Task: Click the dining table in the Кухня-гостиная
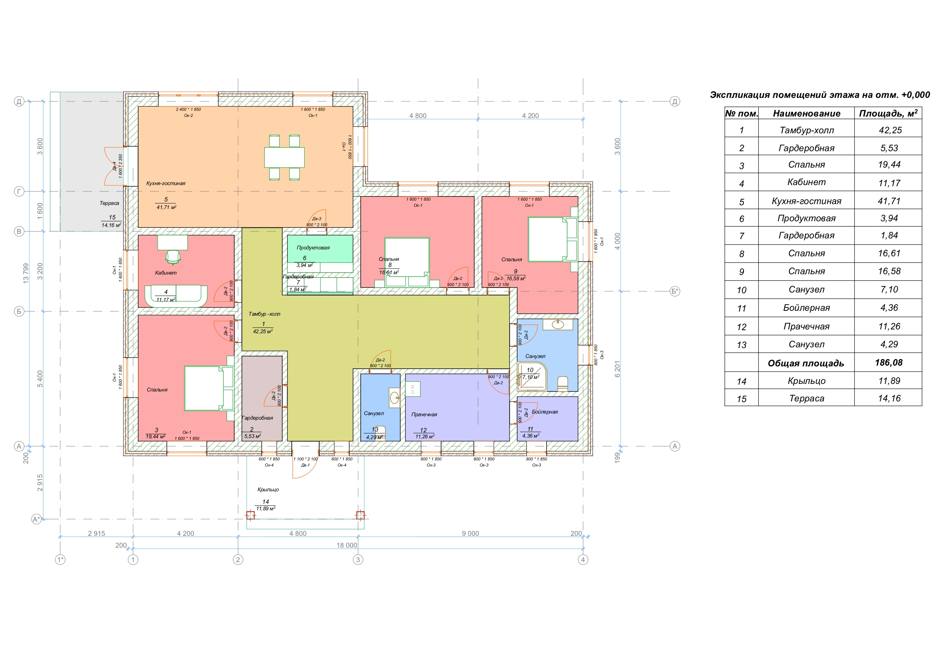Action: pos(284,157)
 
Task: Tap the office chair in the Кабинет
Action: pos(173,257)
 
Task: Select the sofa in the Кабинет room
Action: pos(176,295)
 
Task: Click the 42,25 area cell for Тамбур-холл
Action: pos(890,130)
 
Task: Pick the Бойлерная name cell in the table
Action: pos(806,308)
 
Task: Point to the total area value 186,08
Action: pos(889,363)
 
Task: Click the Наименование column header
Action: pos(806,113)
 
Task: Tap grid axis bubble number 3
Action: pos(358,560)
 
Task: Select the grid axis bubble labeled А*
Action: pos(37,519)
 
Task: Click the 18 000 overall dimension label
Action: pos(347,545)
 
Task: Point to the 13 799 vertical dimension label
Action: pos(26,273)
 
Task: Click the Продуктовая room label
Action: pos(313,248)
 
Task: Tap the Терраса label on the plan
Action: pos(109,203)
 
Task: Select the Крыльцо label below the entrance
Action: pos(268,490)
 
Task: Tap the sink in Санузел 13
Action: pos(395,398)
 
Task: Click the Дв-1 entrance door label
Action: pos(305,465)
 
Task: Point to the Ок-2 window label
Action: pos(189,116)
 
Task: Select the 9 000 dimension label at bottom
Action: pos(470,534)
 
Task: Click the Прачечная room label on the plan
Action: pos(424,414)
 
